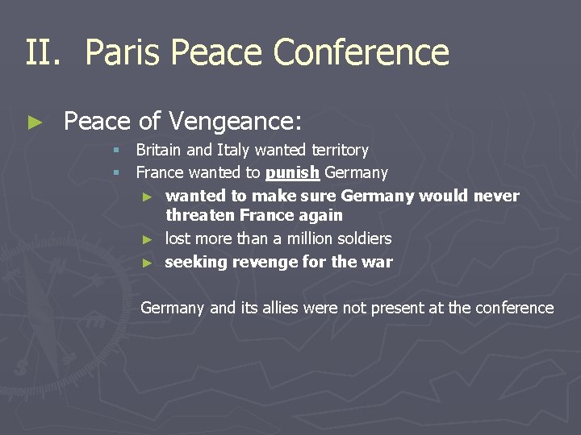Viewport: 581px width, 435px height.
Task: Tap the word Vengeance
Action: pos(235,122)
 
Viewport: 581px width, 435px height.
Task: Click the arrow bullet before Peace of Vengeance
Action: pos(34,122)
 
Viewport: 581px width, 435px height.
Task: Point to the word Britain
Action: pos(161,150)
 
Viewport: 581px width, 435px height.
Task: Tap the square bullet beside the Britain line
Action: pos(117,151)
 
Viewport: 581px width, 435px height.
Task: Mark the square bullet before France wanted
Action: pos(117,173)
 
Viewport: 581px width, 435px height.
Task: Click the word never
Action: pos(497,196)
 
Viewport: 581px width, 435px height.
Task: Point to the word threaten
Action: pos(199,215)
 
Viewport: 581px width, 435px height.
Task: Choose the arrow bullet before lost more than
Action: pos(147,239)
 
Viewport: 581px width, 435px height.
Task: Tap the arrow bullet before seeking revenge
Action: pos(147,263)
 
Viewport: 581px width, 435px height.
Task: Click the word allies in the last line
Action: pos(280,308)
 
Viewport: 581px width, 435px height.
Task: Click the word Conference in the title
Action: pos(362,52)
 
